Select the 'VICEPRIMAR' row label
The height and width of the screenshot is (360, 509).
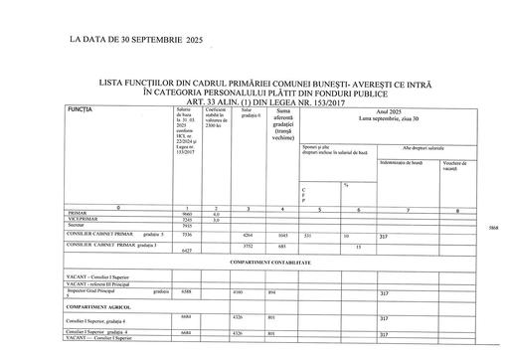click(x=83, y=219)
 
